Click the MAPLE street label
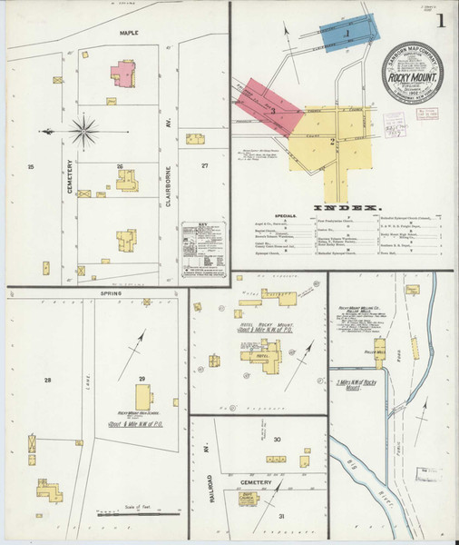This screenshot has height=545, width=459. [125, 32]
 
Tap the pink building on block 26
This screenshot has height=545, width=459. [122, 73]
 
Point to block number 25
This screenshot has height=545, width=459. [30, 167]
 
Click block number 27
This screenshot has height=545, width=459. [205, 165]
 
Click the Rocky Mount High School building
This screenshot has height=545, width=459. [143, 396]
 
